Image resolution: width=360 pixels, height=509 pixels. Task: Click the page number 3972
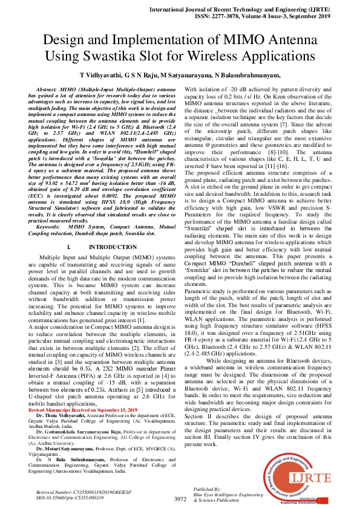tap(180, 499)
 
